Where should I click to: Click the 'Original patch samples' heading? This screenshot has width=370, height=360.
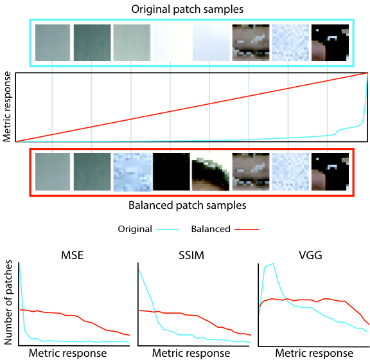tap(187, 10)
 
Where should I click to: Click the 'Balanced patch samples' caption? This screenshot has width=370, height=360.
tap(188, 205)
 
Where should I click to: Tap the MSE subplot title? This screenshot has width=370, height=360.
tap(72, 255)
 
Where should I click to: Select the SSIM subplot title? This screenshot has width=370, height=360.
tap(191, 255)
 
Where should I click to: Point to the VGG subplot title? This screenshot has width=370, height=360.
tap(310, 255)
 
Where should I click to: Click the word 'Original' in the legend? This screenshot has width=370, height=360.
tap(135, 229)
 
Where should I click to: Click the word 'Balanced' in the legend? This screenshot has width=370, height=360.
tap(211, 229)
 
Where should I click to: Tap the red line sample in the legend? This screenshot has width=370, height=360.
tap(247, 230)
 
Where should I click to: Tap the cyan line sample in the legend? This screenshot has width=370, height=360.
tap(167, 230)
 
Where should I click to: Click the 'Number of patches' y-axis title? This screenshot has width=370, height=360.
tap(8, 302)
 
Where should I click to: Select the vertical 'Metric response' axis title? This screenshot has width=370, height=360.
tap(7, 107)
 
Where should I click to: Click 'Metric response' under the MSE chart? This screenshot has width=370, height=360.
tap(67, 354)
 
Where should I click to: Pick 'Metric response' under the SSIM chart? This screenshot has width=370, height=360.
tap(191, 354)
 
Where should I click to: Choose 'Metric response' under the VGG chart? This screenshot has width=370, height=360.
tap(314, 354)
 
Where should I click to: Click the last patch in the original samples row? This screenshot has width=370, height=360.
tap(330, 43)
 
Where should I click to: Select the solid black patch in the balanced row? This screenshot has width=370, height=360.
tap(172, 172)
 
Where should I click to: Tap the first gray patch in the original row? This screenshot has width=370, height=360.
tap(53, 43)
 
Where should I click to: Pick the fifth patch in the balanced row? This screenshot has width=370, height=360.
tap(211, 172)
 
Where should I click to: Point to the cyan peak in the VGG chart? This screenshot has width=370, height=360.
tap(273, 264)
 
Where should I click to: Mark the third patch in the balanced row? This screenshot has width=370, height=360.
tap(132, 172)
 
